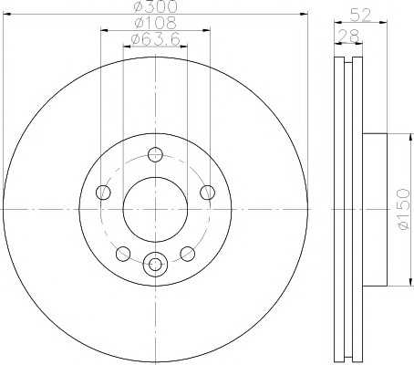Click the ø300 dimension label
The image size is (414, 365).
pos(155,8)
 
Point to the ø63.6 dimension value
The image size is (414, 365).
pos(155,38)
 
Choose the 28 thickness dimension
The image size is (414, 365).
pos(347,36)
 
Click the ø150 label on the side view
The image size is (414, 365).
pos(403,213)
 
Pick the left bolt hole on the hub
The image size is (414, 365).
pos(103,192)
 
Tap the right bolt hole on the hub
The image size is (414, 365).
pos(208,192)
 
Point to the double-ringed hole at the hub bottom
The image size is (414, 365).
pos(155,265)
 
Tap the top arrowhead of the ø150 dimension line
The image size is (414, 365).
pos(395,137)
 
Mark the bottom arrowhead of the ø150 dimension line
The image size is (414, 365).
pos(395,283)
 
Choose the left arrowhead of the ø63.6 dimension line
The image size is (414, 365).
pos(125,46)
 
